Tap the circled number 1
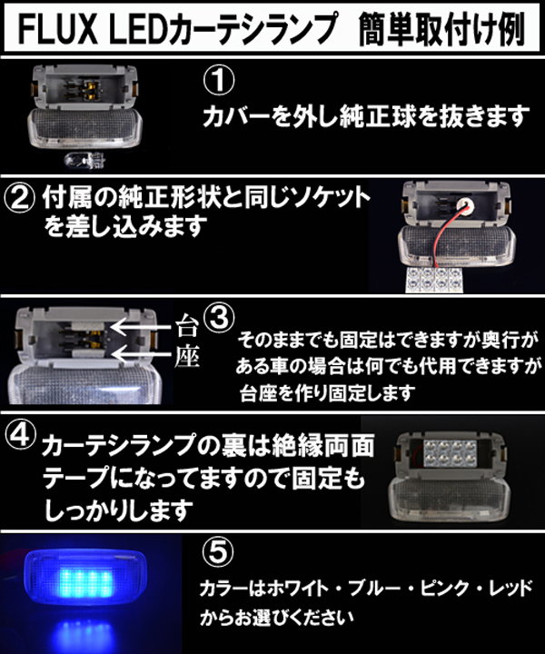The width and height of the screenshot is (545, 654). [219, 81]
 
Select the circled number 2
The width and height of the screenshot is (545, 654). [19, 198]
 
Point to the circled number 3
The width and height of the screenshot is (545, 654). [219, 318]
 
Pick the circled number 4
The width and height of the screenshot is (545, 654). [20, 435]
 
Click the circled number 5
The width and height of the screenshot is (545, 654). [218, 551]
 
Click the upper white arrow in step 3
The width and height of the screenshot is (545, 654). [141, 327]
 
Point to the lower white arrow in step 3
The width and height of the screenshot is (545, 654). [141, 354]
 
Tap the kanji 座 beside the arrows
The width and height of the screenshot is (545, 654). [186, 357]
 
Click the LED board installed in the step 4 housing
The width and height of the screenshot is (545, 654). [451, 452]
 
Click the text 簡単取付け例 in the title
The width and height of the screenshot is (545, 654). [441, 29]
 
